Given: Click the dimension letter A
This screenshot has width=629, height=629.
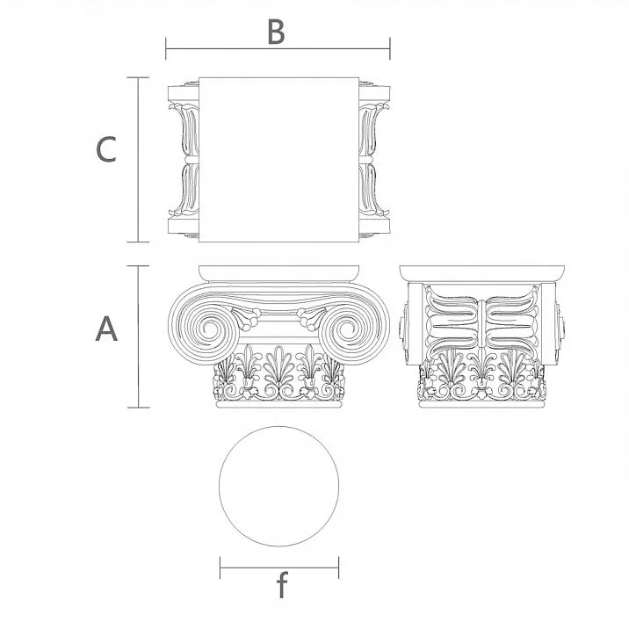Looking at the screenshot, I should click(106, 329).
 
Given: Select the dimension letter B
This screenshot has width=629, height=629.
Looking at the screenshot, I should click(276, 33).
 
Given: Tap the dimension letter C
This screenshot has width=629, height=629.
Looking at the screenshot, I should click(105, 149).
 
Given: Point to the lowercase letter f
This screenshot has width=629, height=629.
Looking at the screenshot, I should click(281, 586).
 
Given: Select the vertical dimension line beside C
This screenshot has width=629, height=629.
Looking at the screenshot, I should click(139, 159).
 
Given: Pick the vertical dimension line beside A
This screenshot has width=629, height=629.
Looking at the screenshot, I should click(139, 336).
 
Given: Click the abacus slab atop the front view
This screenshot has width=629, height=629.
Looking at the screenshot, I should click(278, 271).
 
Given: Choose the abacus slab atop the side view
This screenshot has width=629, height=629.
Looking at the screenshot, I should click(481, 271).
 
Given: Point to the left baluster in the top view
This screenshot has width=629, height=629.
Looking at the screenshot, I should click(184, 159).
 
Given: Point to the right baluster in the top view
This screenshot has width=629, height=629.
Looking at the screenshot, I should click(372, 159).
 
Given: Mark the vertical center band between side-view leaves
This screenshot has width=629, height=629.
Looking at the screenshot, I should click(481, 321).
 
